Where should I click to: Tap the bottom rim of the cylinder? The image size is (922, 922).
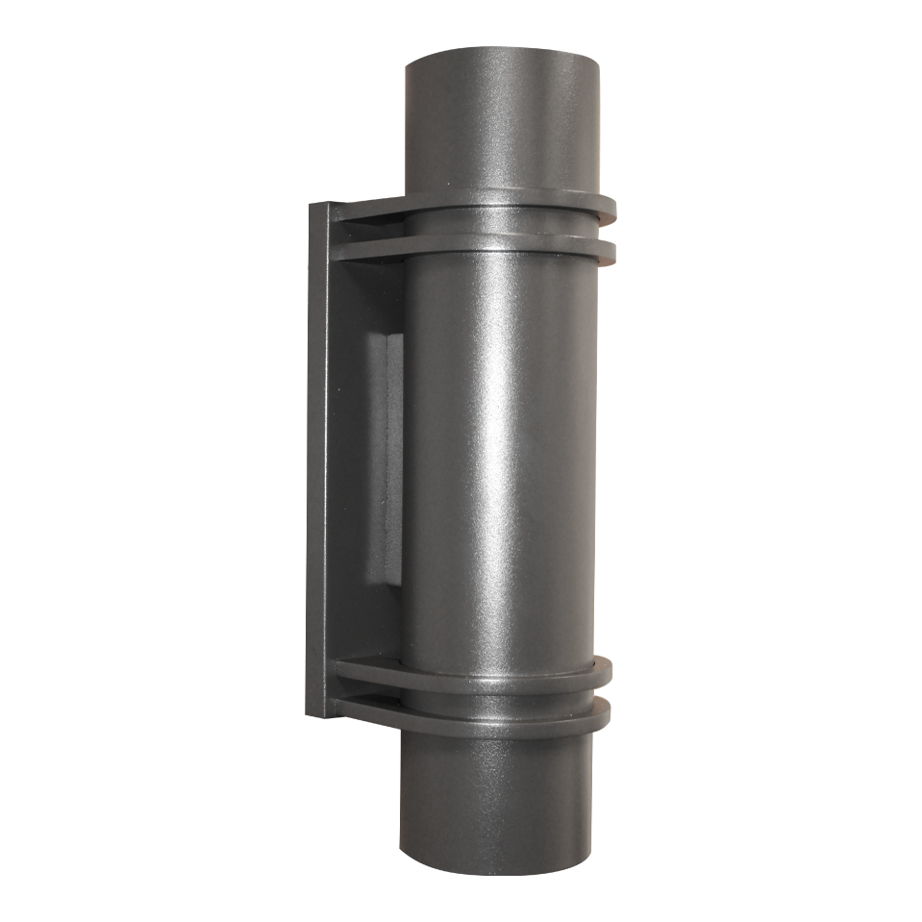point(494,871)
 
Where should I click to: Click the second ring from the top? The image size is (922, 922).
point(500,247)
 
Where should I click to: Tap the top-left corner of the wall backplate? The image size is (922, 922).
point(311,205)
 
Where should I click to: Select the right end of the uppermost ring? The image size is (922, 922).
point(607,206)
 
